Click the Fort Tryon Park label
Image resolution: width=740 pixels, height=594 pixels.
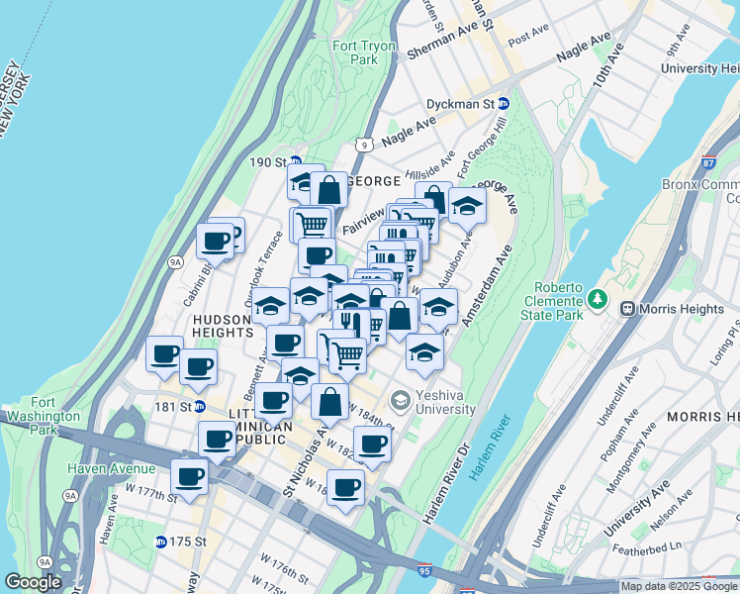(363, 52)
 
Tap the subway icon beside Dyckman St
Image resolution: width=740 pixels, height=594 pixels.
(504, 103)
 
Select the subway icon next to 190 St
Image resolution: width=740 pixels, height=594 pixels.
(296, 162)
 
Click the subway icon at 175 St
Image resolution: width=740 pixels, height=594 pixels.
(160, 542)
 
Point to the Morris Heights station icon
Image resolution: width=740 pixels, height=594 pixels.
(626, 309)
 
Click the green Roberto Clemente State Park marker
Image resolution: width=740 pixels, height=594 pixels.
(596, 298)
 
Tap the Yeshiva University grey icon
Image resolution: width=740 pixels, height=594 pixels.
(400, 401)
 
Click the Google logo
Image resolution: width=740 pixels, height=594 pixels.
(34, 582)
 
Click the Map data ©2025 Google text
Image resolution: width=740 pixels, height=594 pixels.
(679, 586)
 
